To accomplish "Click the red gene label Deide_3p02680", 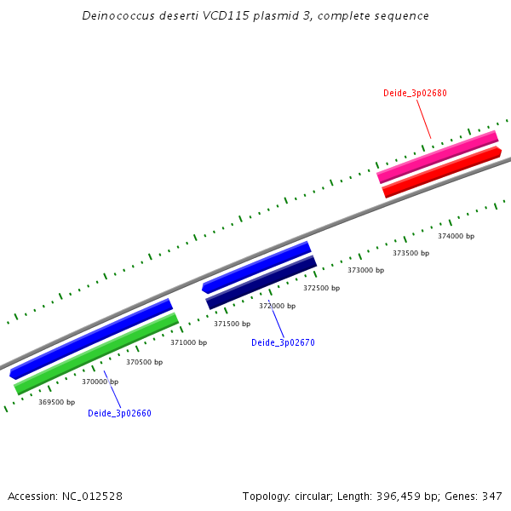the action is (415, 93).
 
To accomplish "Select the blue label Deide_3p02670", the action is (283, 342).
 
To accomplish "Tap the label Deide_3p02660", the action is (119, 414).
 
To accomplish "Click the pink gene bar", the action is (438, 156).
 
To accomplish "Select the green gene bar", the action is (96, 354).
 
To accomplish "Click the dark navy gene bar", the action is (261, 283).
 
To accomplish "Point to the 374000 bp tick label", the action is (456, 236).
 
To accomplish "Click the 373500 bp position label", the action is (411, 253).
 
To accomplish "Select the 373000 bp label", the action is (365, 270).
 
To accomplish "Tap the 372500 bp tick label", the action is (321, 288).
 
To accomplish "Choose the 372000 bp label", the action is (277, 306).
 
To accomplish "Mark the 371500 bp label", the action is (232, 324).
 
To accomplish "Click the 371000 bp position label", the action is (188, 342).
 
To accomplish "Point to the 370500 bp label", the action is (144, 362).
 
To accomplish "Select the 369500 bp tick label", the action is (56, 402).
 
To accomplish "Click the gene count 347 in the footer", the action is (491, 497).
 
